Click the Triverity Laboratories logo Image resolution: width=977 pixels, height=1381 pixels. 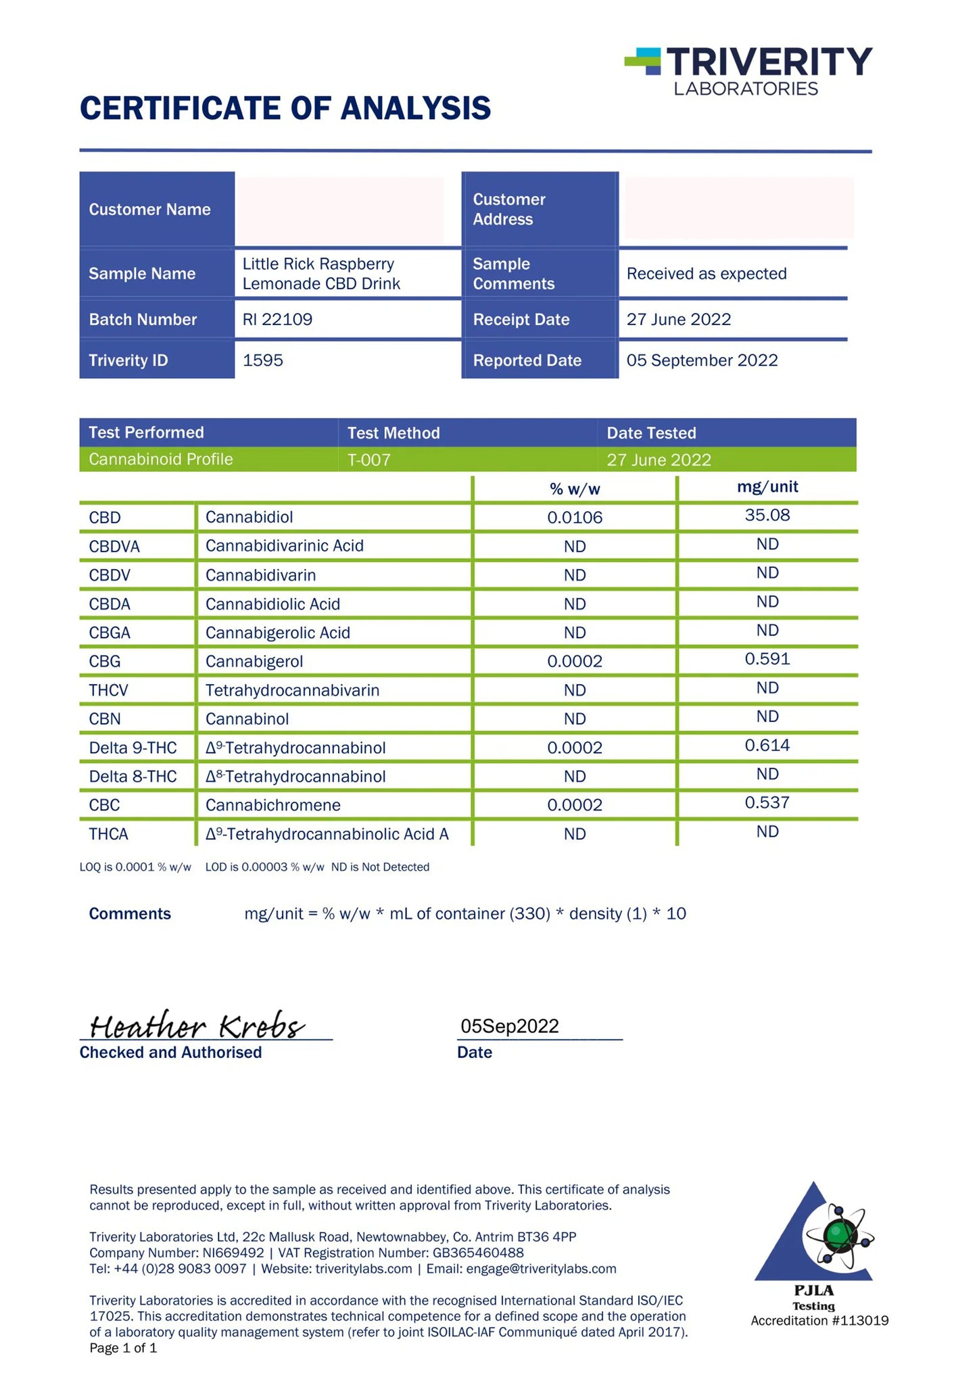pos(748,71)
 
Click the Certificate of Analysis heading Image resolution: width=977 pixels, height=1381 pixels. pos(285,109)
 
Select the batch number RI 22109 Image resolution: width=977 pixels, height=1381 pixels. pos(277,319)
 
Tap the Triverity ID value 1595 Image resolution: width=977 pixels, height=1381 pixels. pos(262,360)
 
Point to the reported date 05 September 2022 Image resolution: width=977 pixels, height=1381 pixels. pos(702,360)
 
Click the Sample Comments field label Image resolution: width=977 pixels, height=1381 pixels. pos(513,274)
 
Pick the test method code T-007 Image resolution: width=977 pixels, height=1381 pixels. pos(368,460)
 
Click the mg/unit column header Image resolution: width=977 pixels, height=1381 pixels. pos(767,487)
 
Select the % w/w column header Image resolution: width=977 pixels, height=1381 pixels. pos(575,489)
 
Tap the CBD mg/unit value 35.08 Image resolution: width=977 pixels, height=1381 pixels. pos(767,515)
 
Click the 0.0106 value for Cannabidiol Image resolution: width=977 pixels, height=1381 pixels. pos(575,518)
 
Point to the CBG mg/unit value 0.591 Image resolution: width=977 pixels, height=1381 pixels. pos(767,659)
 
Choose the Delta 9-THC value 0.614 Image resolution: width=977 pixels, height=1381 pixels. pos(767,746)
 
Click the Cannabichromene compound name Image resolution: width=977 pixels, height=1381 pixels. pos(272,805)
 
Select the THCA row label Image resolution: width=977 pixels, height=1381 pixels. pos(108,834)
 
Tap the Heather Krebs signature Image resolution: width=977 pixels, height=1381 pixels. pos(196,1026)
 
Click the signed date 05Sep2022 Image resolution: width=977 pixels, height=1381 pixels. pos(509,1026)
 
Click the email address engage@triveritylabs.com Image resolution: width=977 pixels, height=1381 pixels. pos(541,1269)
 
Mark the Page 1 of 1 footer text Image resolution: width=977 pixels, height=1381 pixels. pos(123,1348)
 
